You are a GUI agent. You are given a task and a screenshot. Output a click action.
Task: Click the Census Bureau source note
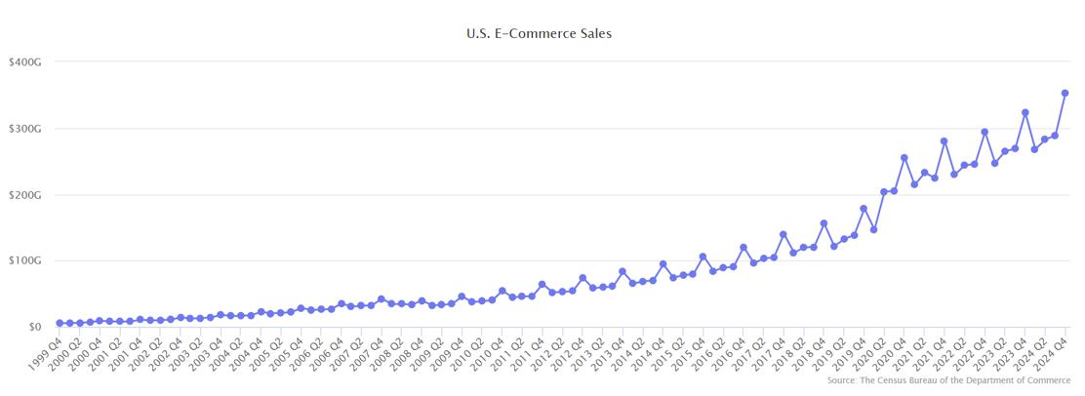click(x=947, y=380)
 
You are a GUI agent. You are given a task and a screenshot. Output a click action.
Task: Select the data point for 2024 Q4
click(x=1065, y=94)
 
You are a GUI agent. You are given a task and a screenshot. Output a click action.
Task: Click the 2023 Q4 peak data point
click(x=1025, y=112)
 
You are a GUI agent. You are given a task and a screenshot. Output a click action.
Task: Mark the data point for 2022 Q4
click(x=985, y=132)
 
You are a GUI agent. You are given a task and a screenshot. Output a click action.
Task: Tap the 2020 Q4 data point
click(x=904, y=157)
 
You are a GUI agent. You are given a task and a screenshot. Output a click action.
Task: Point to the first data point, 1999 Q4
click(x=60, y=323)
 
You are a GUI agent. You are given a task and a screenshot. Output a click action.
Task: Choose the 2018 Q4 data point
click(x=824, y=223)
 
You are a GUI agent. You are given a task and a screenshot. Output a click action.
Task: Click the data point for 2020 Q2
click(x=884, y=192)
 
